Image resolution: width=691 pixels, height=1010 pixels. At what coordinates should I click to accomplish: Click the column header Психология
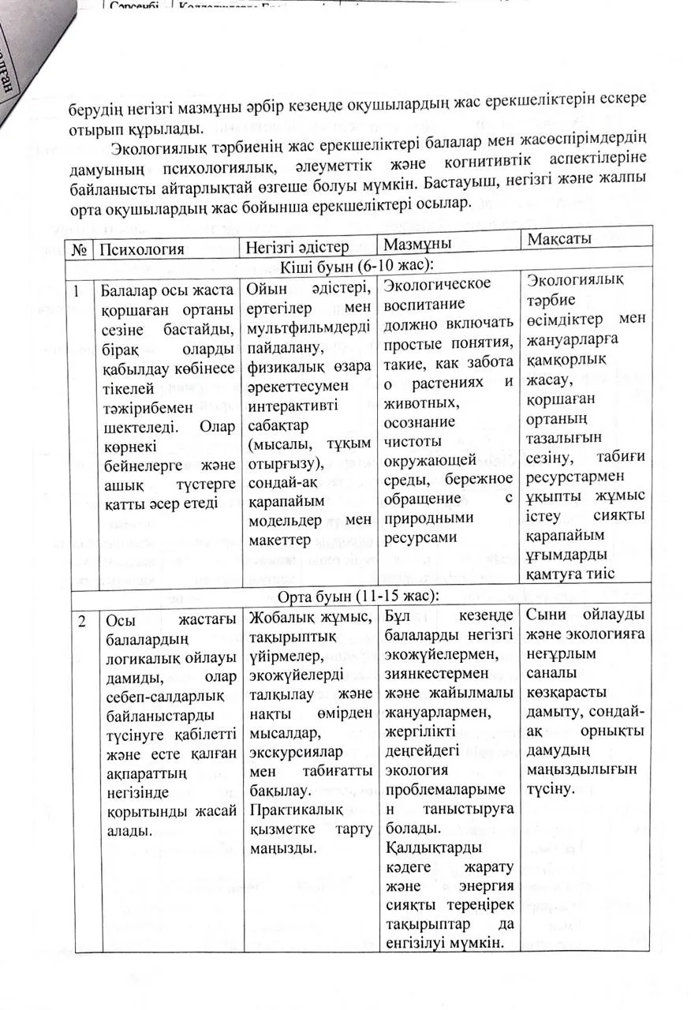coord(140,249)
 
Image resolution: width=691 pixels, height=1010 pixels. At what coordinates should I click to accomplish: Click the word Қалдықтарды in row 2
coord(430,848)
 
